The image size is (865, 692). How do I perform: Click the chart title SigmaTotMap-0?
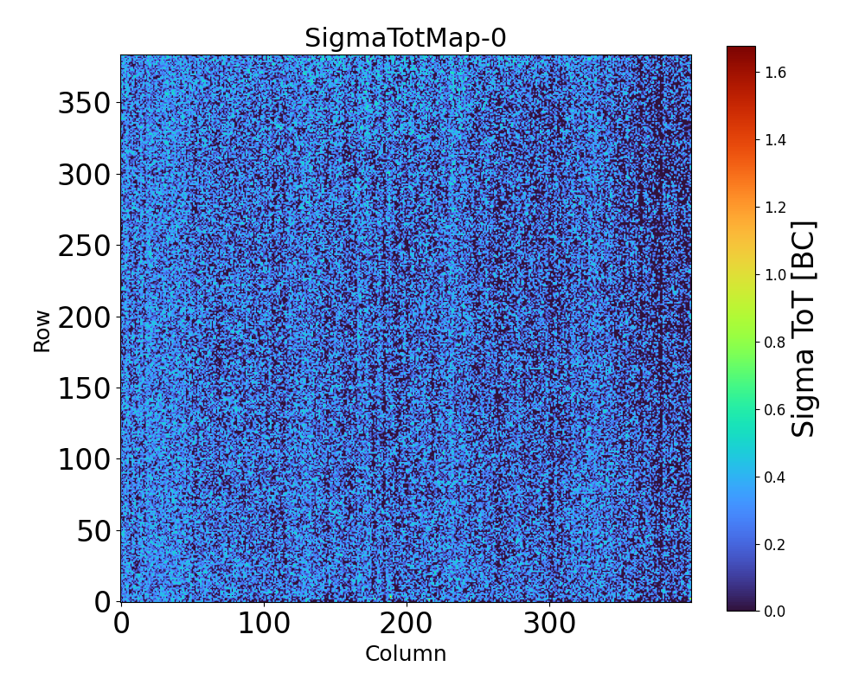pyautogui.click(x=405, y=39)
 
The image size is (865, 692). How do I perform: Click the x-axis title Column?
pyautogui.click(x=406, y=654)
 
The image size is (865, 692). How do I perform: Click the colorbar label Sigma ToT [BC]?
pyautogui.click(x=804, y=329)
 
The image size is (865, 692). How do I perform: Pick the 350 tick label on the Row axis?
pyautogui.click(x=85, y=104)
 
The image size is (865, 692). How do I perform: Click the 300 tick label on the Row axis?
pyautogui.click(x=85, y=176)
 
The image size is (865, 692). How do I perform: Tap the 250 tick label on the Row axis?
pyautogui.click(x=85, y=247)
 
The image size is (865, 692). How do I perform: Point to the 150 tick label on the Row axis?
pyautogui.click(x=85, y=388)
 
